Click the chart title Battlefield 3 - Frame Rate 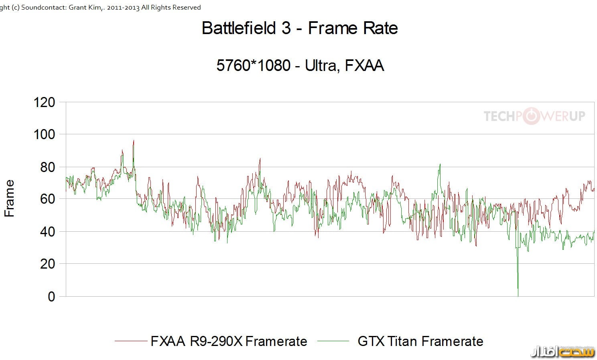(x=300, y=28)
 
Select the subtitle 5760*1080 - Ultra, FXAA (x=300, y=65)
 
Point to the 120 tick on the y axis (x=45, y=102)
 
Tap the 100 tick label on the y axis (x=45, y=134)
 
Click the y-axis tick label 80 (x=47, y=167)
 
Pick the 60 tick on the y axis (x=47, y=199)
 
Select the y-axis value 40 (x=47, y=232)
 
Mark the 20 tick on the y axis (x=47, y=264)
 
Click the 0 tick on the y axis (x=51, y=297)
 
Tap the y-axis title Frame (x=9, y=198)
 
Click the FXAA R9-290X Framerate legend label (x=229, y=341)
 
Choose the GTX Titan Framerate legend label (x=420, y=341)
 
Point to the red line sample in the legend (x=131, y=341)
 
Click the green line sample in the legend (x=333, y=341)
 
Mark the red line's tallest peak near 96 (x=134, y=141)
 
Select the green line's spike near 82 (x=440, y=165)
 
